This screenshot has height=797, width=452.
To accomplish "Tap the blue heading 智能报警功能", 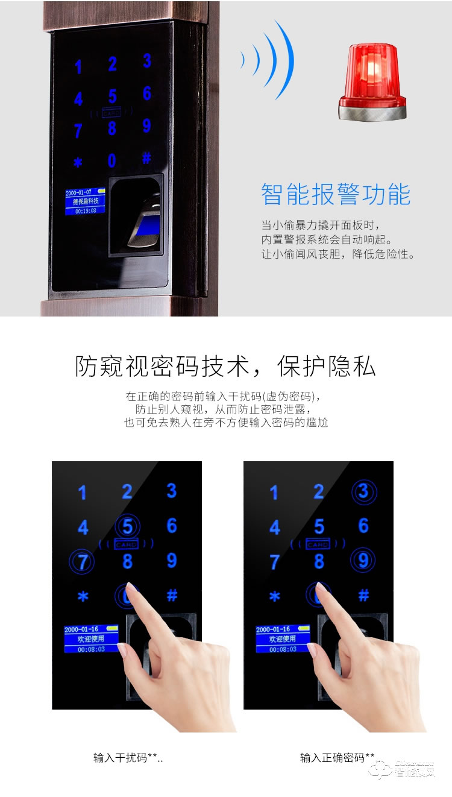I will pos(336,195).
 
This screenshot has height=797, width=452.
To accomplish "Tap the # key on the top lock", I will pos(146,159).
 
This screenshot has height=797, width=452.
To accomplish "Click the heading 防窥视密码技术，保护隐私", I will pos(225,367).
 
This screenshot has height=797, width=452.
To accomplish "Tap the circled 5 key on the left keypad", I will pos(127,526).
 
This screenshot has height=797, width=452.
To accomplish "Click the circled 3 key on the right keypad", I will pos(363,492).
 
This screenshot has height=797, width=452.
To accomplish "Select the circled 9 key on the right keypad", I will pos(363,561).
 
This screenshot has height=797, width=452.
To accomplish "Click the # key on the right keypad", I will pos(363,596).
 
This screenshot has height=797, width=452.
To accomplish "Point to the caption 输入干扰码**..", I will pos(128,758).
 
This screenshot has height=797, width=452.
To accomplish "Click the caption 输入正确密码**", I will pos(337,758).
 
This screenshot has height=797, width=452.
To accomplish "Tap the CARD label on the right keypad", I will pos(318,544).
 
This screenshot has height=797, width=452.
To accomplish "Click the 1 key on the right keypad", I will pos(274,493).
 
